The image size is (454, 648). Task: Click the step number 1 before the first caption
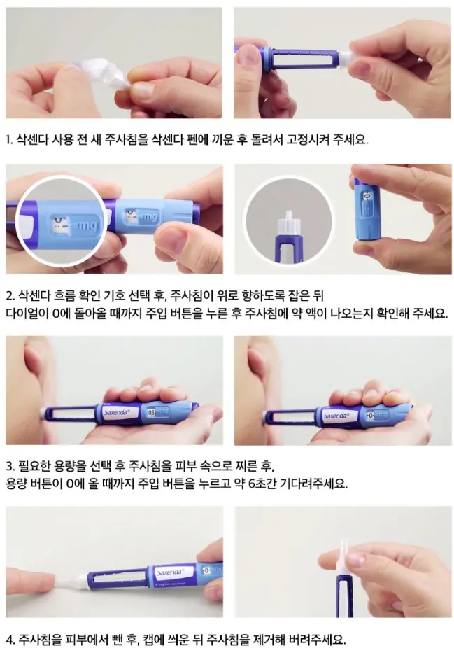tap(8, 139)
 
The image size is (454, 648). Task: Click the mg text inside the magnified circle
tap(87, 226)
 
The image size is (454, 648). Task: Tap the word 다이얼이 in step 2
tap(28, 312)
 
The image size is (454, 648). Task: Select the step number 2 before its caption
tap(9, 295)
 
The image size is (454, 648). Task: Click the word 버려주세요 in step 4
tap(315, 638)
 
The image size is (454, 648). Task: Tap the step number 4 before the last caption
tap(9, 638)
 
